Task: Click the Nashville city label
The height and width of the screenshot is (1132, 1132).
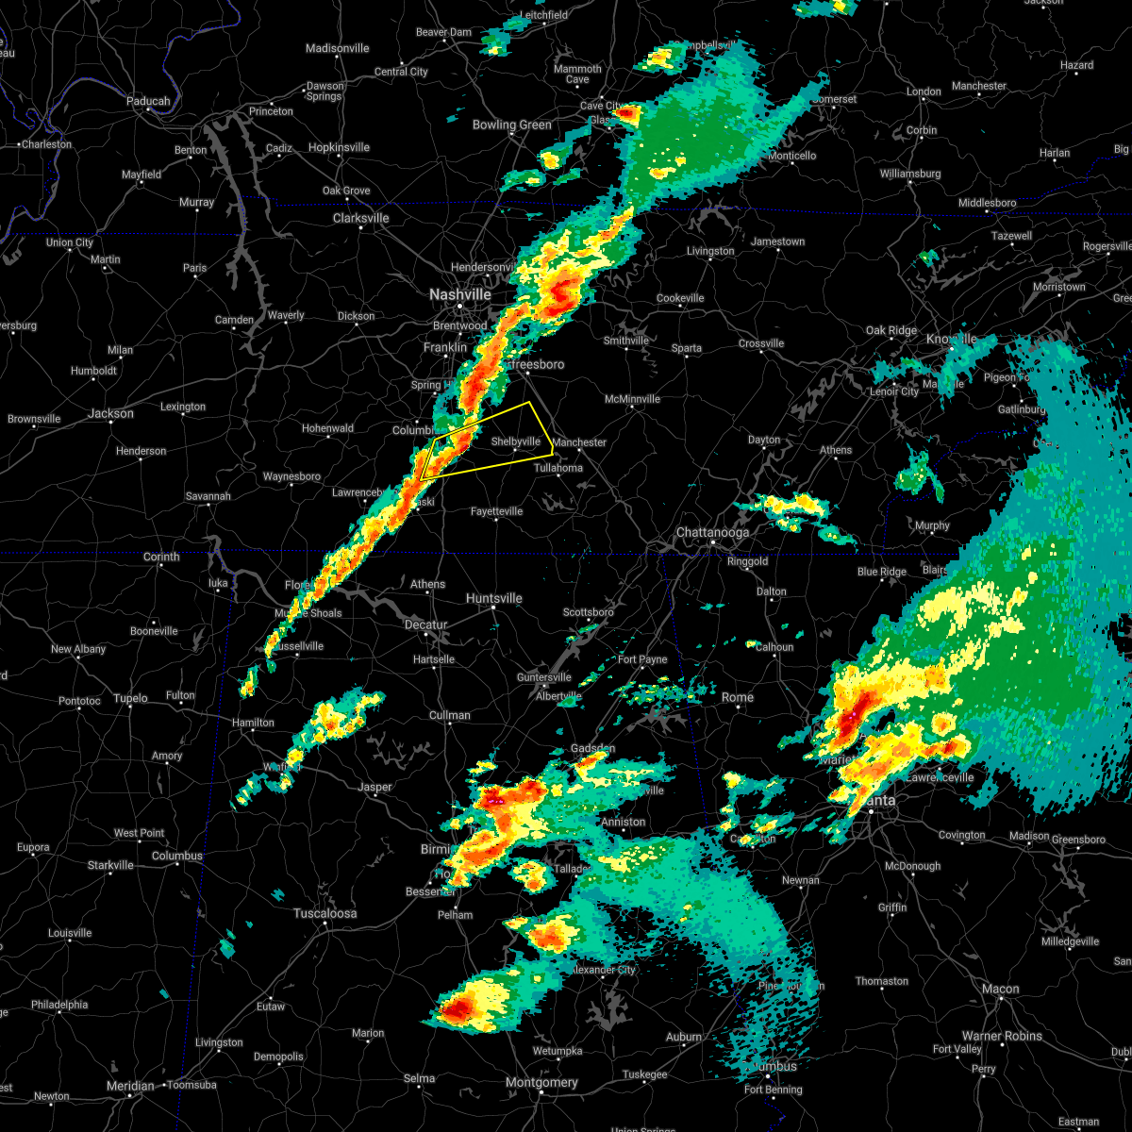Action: tap(459, 294)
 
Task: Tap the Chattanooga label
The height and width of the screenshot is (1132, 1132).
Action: tap(713, 533)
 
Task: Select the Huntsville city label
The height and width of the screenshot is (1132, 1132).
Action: tap(493, 598)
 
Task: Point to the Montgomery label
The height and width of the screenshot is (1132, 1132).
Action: tap(541, 1082)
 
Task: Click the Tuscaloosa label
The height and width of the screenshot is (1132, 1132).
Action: tap(325, 913)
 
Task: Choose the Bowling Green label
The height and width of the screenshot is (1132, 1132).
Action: tap(512, 125)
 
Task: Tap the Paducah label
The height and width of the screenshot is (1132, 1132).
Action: tap(149, 101)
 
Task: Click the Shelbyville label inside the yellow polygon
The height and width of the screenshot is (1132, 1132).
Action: tap(515, 441)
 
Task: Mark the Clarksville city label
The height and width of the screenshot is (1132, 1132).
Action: tap(360, 218)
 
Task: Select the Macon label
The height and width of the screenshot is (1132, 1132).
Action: tap(1000, 989)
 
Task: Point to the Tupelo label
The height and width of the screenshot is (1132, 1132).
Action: tap(130, 698)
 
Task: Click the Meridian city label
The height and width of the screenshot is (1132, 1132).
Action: tap(130, 1086)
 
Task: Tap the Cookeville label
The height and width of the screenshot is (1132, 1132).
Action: tap(680, 298)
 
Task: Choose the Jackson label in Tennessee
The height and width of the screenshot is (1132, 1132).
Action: tap(110, 413)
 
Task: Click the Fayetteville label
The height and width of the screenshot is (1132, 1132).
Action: tap(496, 511)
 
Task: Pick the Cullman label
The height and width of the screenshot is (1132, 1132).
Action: tap(449, 715)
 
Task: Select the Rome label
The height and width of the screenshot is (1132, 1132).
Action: tap(738, 697)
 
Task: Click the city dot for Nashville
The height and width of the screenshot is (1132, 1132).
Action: tap(460, 306)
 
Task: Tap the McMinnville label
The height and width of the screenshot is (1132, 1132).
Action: tap(632, 399)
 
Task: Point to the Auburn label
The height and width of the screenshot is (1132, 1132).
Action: tap(684, 1036)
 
